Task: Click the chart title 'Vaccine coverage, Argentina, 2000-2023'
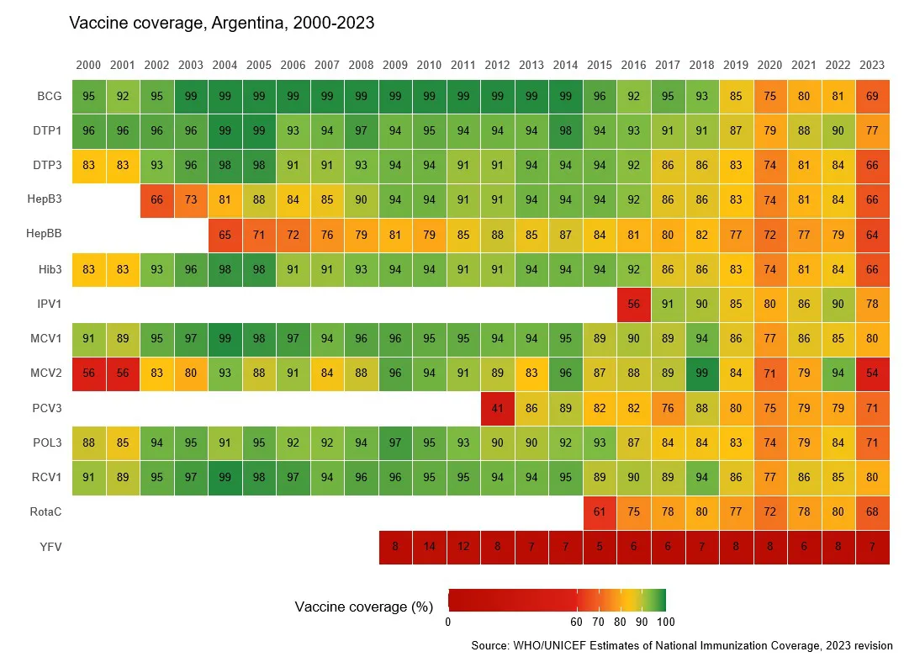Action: [221, 24]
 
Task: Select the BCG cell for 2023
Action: [872, 96]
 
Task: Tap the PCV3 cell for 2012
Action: [497, 409]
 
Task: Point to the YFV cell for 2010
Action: [429, 548]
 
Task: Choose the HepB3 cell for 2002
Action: [156, 200]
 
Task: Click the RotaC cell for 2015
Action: [600, 513]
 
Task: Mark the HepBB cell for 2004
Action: [225, 235]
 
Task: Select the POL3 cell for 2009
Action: [395, 443]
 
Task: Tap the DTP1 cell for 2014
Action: [566, 130]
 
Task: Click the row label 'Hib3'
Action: [50, 270]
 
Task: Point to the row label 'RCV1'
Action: [48, 479]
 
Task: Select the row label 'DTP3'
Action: [48, 166]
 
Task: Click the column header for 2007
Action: [327, 65]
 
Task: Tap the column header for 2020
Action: [770, 65]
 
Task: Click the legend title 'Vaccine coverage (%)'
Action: [364, 607]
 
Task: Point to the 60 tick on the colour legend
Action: [577, 623]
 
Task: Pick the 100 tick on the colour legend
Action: [666, 623]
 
